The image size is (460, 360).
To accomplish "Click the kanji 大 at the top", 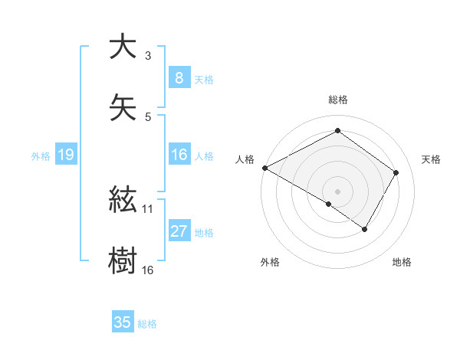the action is click(x=122, y=47).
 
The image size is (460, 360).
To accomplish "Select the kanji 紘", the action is click(x=122, y=201).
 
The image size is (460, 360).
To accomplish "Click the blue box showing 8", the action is click(x=179, y=77).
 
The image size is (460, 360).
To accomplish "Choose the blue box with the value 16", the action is click(x=179, y=155).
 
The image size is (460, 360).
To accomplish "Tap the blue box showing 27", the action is click(x=179, y=231).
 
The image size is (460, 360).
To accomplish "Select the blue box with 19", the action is click(x=65, y=155).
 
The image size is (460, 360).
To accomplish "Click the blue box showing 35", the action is click(x=122, y=322).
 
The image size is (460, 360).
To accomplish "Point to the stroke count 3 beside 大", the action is click(x=147, y=56).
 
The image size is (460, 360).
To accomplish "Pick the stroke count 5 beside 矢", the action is click(x=147, y=116).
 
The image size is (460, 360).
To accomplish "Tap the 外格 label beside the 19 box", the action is click(x=41, y=156).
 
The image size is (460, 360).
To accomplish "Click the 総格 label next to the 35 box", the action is click(x=147, y=324).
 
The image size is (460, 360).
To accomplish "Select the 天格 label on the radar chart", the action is click(x=431, y=159).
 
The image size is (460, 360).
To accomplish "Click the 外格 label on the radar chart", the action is click(x=270, y=262).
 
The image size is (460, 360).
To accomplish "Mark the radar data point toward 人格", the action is click(x=264, y=168).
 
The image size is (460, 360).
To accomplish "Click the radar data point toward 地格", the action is click(x=365, y=229).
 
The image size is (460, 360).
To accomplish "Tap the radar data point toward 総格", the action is click(x=337, y=130).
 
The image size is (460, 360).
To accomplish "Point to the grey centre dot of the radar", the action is click(x=337, y=191).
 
